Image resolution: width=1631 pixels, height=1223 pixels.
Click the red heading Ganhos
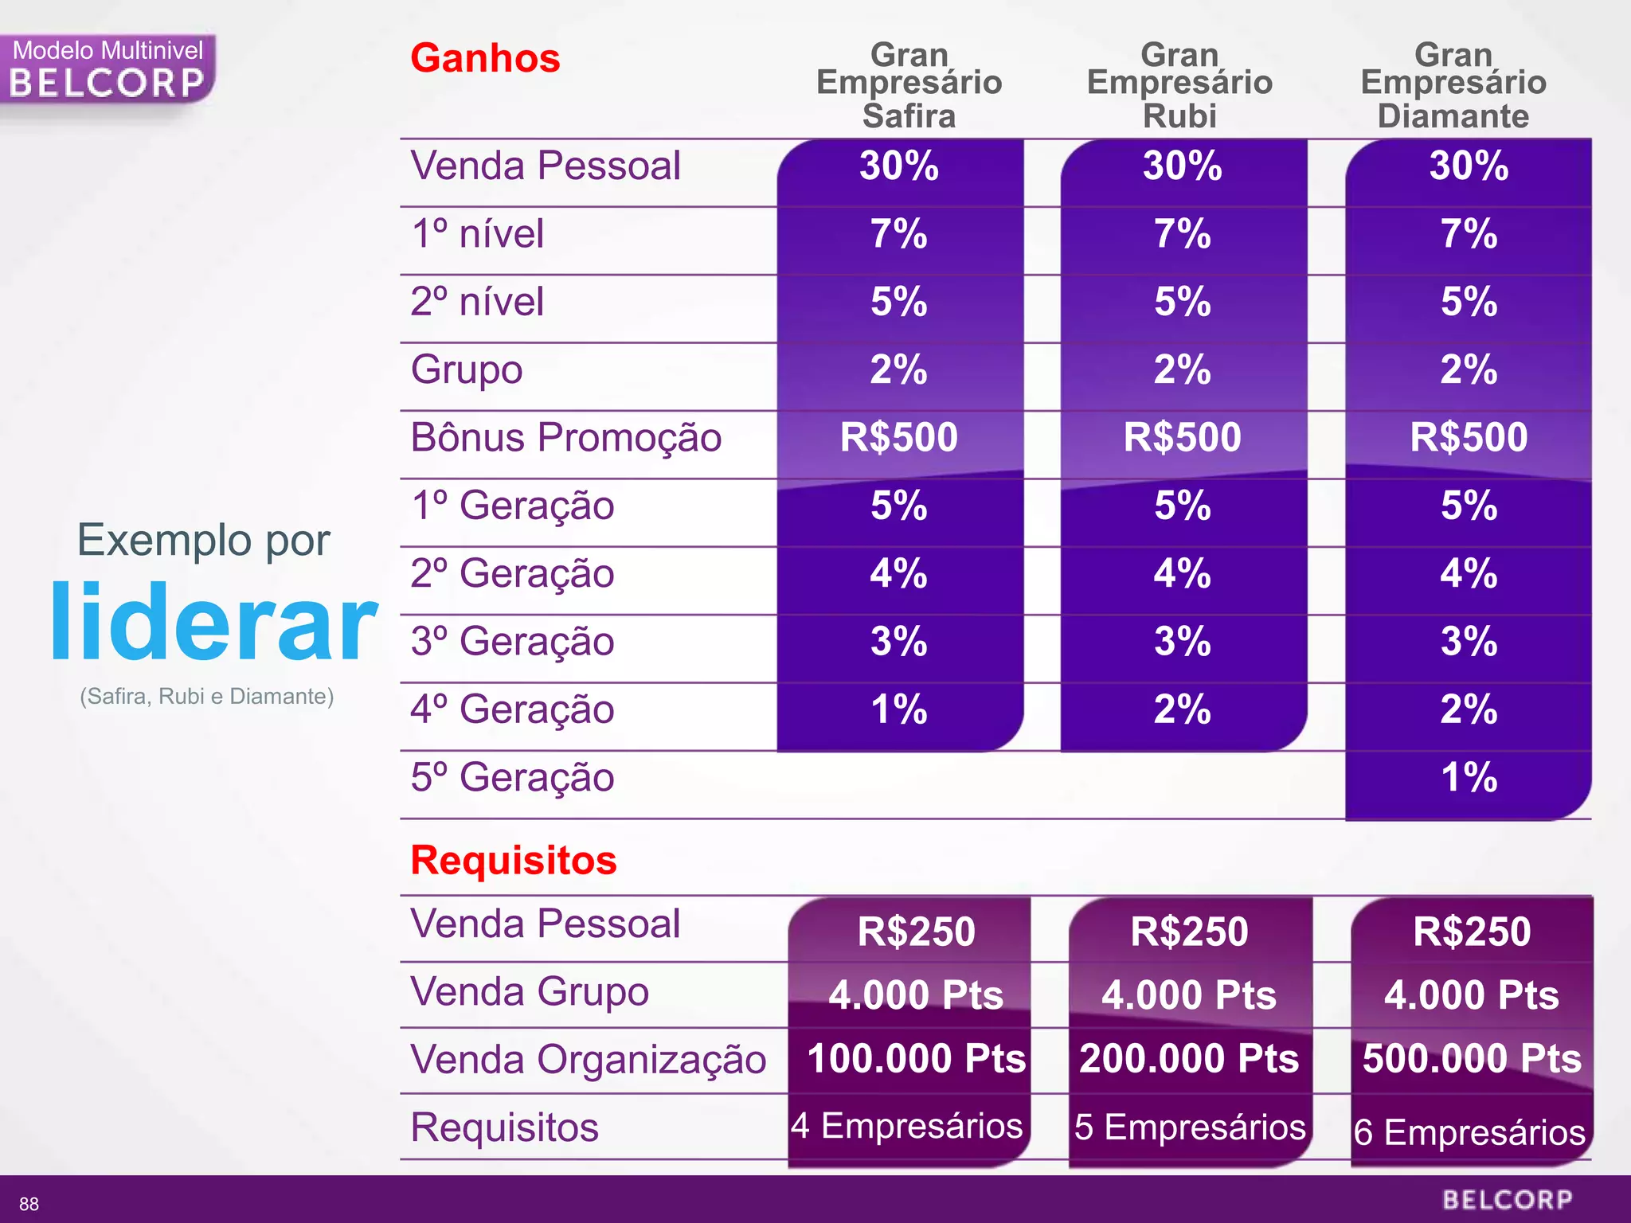(485, 58)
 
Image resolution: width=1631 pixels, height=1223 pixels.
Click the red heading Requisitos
(514, 860)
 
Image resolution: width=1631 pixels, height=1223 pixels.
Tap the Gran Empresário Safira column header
(909, 85)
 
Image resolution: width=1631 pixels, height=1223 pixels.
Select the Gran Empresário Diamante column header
(1453, 85)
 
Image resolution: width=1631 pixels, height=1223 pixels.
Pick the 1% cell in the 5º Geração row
(1469, 777)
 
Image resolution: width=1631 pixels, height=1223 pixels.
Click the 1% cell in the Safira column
(899, 709)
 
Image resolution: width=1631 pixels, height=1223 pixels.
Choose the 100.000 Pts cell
(916, 1059)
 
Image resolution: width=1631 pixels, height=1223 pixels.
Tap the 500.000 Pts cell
(1472, 1059)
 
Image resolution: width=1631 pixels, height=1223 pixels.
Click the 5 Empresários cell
(1190, 1127)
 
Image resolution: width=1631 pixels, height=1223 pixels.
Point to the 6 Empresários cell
(1470, 1131)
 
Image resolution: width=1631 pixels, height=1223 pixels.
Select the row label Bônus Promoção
(566, 437)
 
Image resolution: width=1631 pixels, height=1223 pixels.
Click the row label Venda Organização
(588, 1060)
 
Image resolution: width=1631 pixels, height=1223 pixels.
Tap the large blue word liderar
(213, 623)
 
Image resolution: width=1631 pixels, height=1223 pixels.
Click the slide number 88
(29, 1204)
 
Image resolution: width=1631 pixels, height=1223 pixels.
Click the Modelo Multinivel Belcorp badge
(108, 70)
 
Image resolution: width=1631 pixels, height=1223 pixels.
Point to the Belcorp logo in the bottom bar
(1507, 1200)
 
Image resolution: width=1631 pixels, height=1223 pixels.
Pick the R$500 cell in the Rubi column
(1183, 437)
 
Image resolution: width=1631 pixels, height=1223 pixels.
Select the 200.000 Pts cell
(1189, 1059)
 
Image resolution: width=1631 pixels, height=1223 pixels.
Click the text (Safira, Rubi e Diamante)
(207, 697)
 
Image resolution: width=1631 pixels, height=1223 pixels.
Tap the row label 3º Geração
(512, 642)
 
